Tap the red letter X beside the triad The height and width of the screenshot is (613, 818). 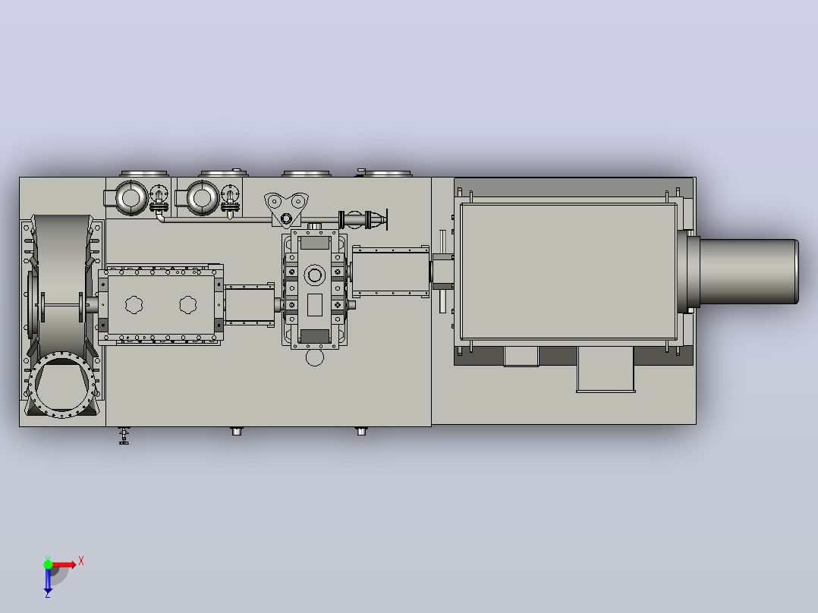tap(81, 561)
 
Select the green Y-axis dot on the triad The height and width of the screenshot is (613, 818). tap(48, 564)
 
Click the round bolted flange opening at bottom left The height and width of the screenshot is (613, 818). tap(62, 385)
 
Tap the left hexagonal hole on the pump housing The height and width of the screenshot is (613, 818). tap(134, 305)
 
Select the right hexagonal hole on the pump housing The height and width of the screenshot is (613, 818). tap(188, 305)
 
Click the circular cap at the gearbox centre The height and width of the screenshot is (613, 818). tap(315, 275)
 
